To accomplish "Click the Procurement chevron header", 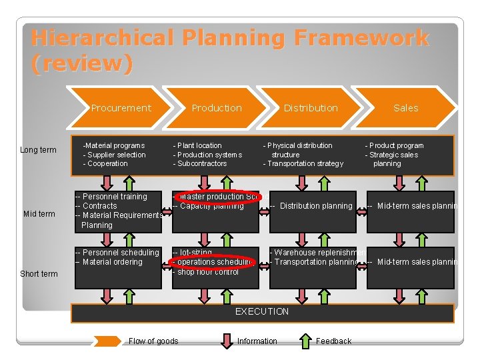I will point(121,108).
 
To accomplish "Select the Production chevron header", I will point(217,108).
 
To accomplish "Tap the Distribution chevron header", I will point(311,108).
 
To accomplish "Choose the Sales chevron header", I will point(405,108).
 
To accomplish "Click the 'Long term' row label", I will point(38,150).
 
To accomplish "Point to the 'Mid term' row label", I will point(39,214).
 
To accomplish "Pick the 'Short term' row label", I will point(39,274).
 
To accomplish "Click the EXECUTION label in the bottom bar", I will point(262,312).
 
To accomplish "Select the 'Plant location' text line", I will point(199,145).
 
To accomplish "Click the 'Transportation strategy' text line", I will point(305,163).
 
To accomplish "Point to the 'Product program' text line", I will point(395,145).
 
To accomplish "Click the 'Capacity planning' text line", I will point(211,206).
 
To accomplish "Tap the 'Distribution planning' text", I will point(315,206).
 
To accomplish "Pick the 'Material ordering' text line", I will point(111,262).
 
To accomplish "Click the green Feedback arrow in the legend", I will point(305,341).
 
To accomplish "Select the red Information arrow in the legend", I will point(227,341).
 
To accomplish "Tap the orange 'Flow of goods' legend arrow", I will point(107,341).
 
